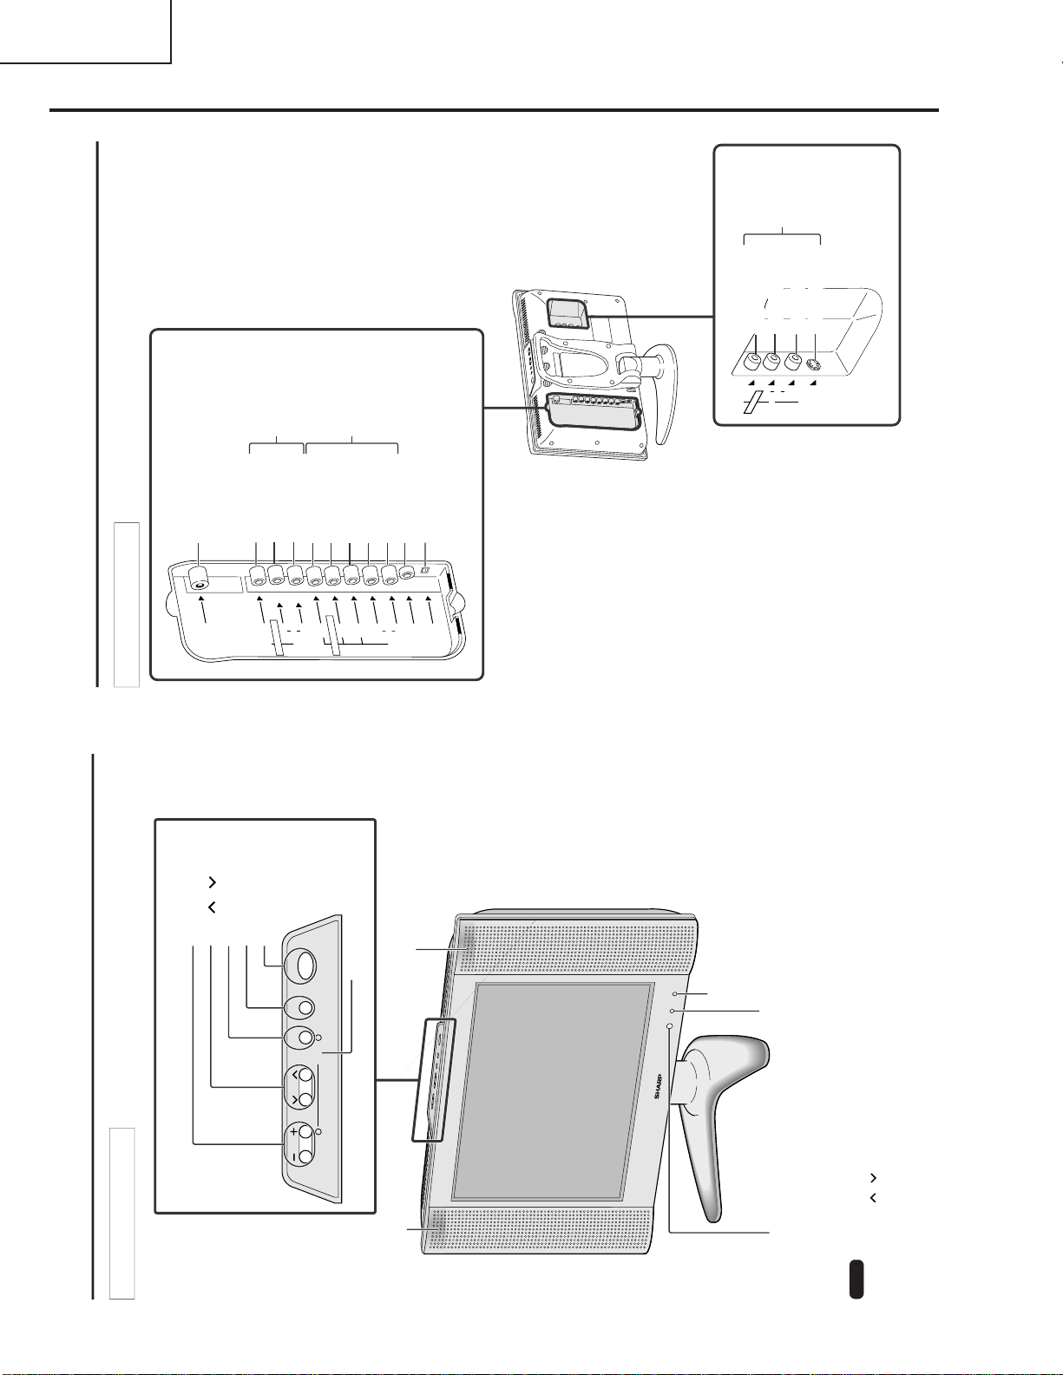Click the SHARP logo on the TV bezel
[x=657, y=1085]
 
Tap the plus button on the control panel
[x=305, y=1130]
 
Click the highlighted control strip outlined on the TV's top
[x=433, y=1080]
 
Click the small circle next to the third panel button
[x=318, y=1038]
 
